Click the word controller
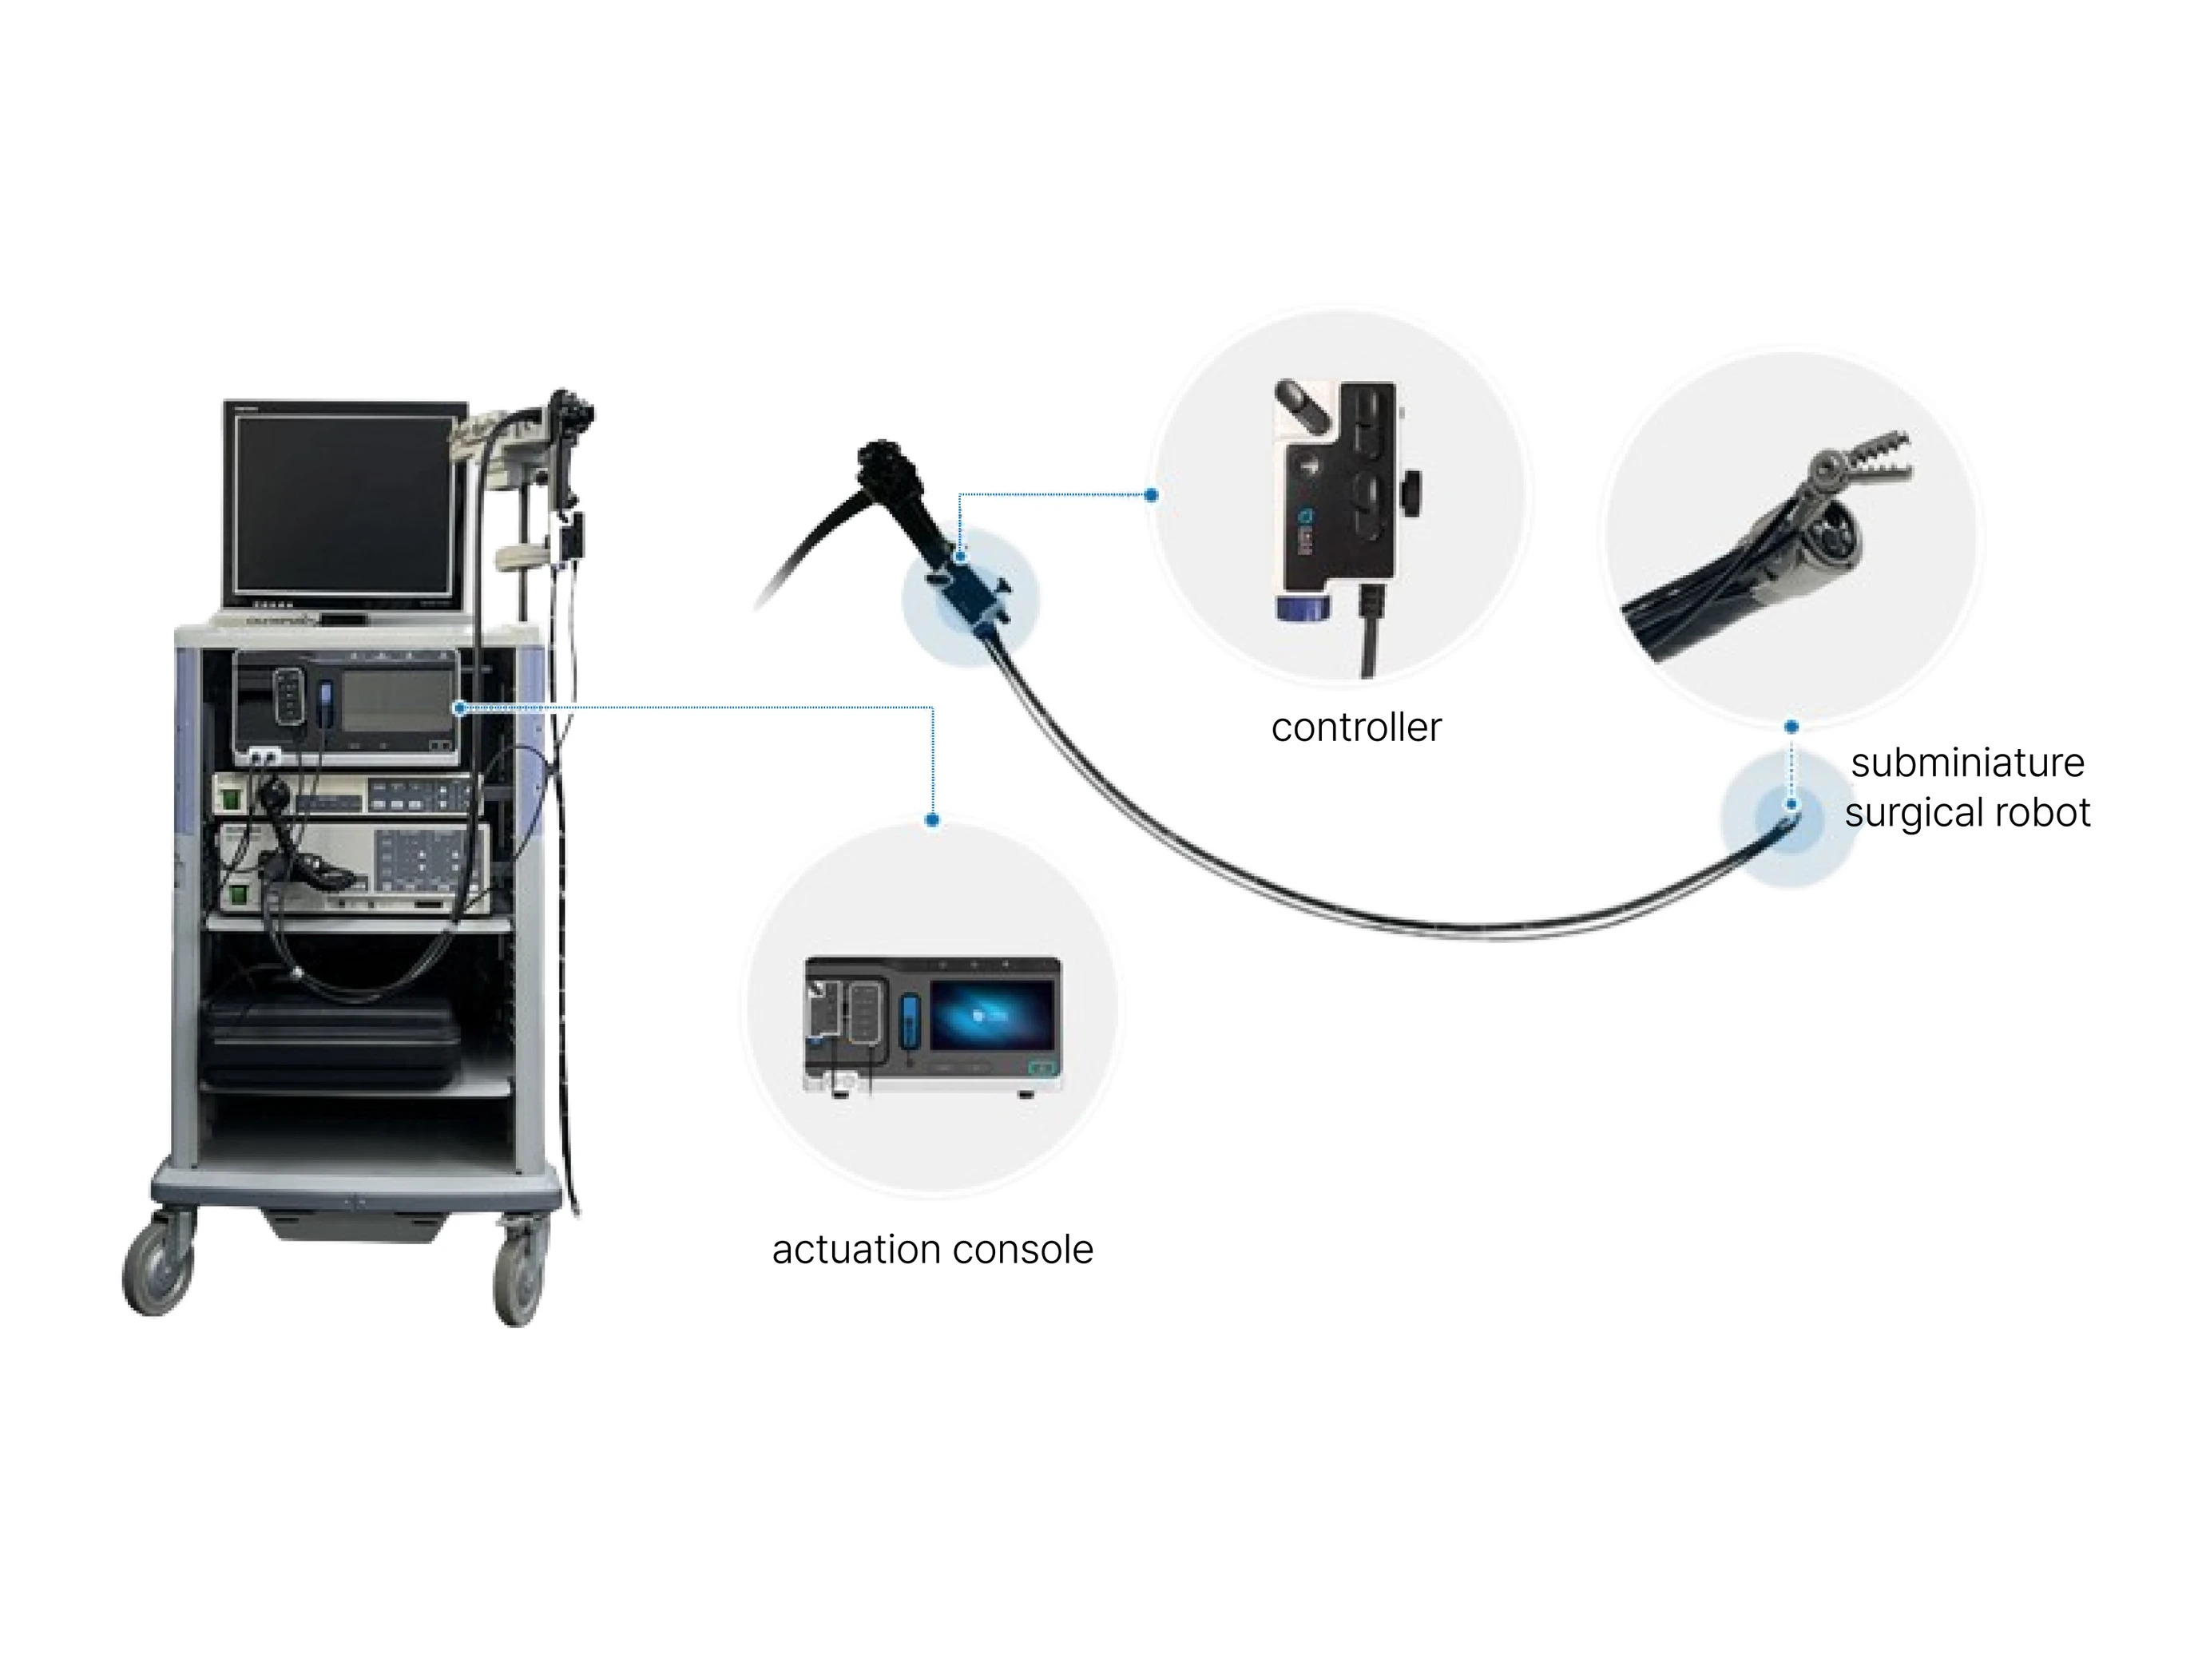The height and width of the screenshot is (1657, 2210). (1355, 728)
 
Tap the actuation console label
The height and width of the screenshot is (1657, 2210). (932, 1250)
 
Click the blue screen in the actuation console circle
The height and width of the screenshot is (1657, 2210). (991, 1015)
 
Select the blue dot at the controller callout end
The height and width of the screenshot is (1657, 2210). (1151, 494)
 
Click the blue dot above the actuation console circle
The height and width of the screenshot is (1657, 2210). (932, 820)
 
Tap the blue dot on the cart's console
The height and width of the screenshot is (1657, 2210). (459, 708)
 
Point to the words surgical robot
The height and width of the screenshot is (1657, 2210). (1966, 812)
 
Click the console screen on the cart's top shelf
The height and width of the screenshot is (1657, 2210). (397, 700)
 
